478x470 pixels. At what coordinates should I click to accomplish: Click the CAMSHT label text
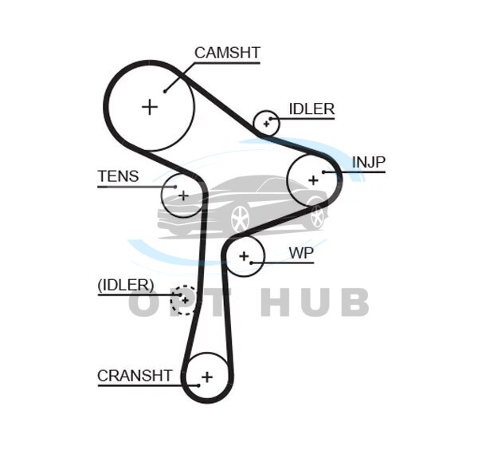pos(227,53)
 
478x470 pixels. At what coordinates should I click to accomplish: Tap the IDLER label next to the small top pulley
pos(311,109)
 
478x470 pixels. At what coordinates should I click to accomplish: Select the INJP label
pos(368,163)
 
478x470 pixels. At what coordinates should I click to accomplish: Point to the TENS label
pos(118,176)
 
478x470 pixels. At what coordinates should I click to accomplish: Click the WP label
pos(301,253)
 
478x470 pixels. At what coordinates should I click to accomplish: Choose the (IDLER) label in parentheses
pos(125,285)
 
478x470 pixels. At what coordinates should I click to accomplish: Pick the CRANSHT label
pos(135,375)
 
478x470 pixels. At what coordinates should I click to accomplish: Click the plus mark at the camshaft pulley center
pos(150,106)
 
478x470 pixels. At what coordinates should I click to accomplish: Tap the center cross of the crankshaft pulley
pos(207,376)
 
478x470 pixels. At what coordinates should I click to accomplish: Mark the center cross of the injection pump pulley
pos(313,180)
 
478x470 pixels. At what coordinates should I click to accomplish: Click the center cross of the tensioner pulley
pos(182,195)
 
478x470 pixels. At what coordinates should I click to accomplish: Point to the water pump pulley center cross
pos(245,256)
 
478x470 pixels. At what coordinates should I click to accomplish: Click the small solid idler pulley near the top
pos(265,123)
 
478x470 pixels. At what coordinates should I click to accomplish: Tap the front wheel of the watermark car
pos(239,219)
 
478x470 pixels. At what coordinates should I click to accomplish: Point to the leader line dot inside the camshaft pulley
pos(165,90)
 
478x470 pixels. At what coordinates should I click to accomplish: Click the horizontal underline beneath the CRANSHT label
pos(135,386)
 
